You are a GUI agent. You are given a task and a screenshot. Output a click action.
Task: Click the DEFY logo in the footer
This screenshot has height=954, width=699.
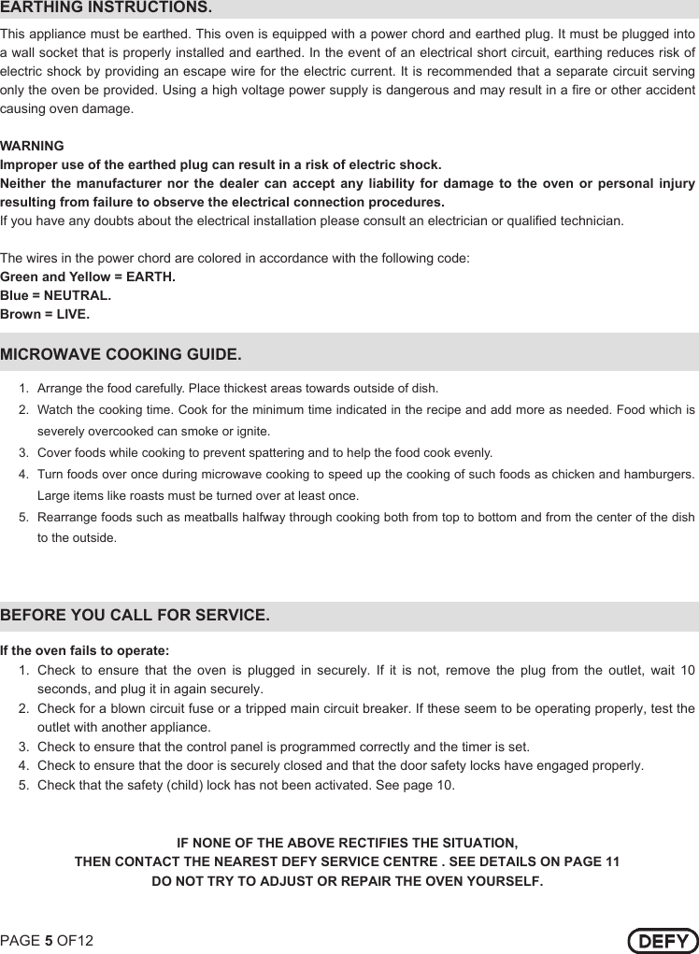(x=663, y=940)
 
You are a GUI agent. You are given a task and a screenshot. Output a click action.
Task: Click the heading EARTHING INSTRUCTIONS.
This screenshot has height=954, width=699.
(x=106, y=8)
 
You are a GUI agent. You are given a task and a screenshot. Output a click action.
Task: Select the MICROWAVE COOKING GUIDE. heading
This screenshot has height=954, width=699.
(x=121, y=355)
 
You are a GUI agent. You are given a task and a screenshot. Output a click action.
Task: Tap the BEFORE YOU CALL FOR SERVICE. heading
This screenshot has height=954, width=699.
(x=136, y=616)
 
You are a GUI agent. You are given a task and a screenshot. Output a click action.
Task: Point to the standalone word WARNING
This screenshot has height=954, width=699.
(x=33, y=147)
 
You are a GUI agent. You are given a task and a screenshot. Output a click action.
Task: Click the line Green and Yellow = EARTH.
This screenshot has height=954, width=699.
(x=88, y=277)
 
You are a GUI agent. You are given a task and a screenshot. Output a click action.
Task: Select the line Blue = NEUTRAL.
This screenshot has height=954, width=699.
(x=55, y=295)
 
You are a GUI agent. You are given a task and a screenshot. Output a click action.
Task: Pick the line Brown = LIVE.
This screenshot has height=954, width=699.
(x=45, y=314)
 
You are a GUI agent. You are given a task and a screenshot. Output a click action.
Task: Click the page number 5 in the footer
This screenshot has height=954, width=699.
(x=49, y=940)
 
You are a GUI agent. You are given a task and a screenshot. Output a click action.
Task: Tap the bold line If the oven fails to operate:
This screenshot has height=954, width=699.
(x=84, y=650)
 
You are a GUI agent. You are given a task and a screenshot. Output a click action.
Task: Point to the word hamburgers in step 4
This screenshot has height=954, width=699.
(x=660, y=475)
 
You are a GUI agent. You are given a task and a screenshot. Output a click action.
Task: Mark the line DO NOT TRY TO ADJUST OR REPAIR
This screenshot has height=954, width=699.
(x=347, y=881)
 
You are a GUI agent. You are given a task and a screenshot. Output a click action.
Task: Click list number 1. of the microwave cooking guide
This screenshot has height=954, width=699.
(x=23, y=389)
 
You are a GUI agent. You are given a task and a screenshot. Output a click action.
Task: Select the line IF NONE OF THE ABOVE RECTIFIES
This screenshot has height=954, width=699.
(x=347, y=842)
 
